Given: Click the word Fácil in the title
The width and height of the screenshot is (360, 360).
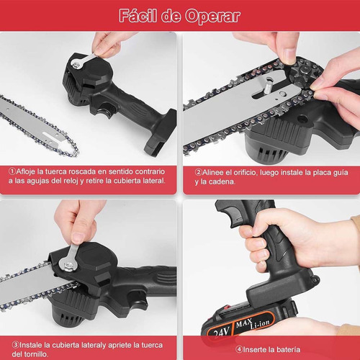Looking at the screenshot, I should click(x=139, y=16).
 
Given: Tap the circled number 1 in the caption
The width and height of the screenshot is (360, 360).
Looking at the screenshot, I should click(x=13, y=171).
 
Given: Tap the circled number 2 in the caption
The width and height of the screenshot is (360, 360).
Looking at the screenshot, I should click(x=199, y=171).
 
